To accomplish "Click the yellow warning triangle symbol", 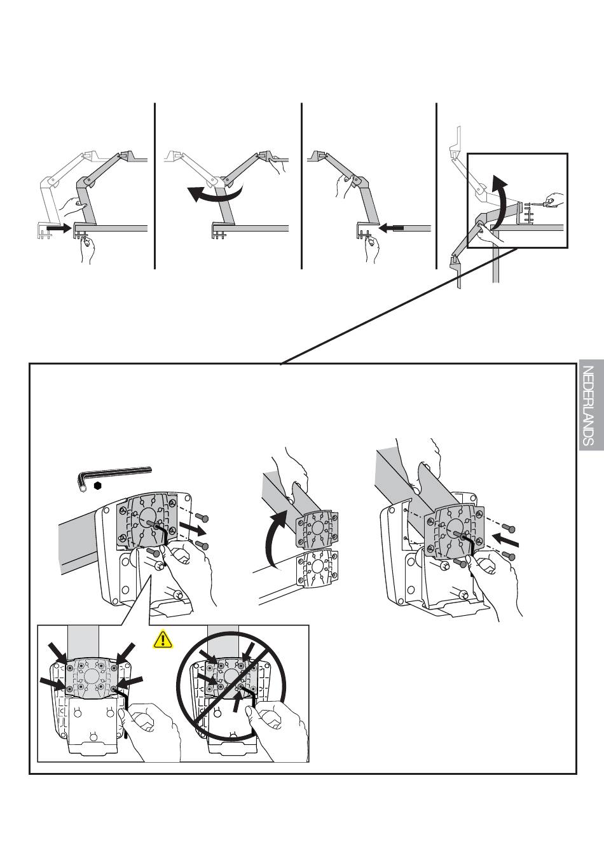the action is (x=163, y=639).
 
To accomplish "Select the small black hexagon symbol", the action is (x=98, y=486).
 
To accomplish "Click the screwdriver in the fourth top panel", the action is (x=542, y=204).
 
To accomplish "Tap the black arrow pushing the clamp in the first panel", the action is (x=58, y=228).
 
